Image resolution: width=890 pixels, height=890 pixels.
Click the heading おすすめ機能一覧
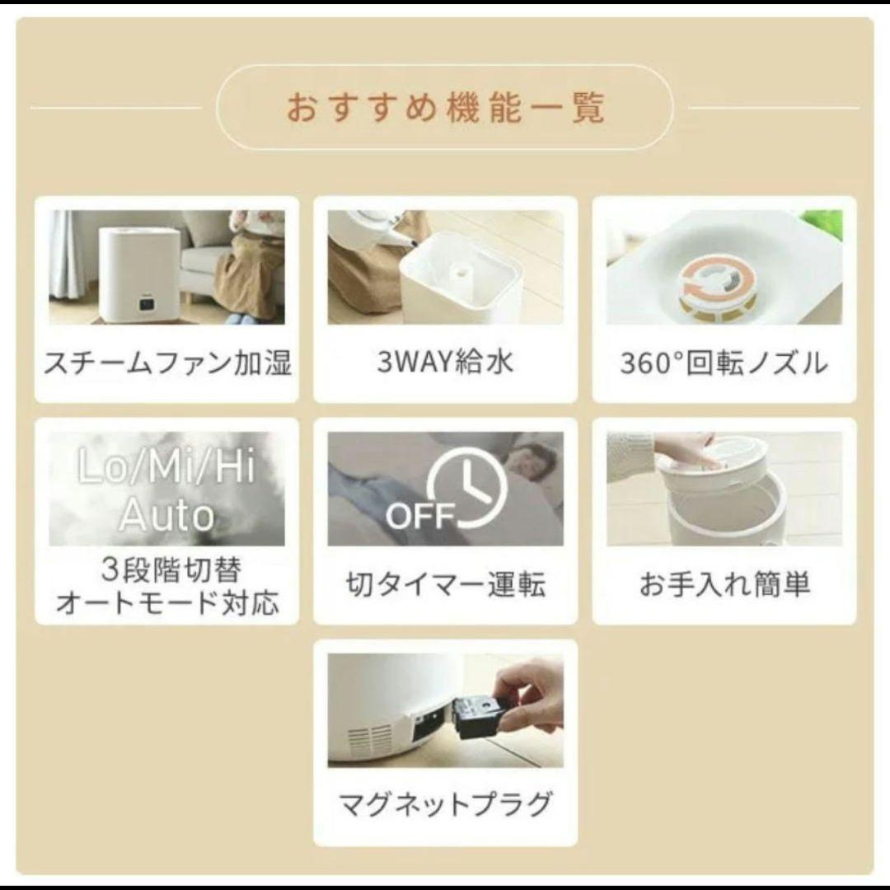(x=445, y=108)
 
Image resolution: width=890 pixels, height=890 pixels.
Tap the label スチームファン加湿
(x=166, y=363)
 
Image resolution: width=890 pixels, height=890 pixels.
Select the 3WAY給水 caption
(x=445, y=363)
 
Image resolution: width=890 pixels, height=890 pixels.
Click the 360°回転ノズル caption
(x=724, y=363)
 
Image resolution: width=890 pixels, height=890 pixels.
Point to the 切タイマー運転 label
(x=445, y=584)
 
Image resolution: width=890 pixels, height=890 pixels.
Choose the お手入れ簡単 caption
(x=724, y=584)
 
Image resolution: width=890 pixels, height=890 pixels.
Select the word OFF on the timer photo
(x=420, y=518)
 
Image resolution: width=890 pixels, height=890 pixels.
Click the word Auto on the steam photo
(x=166, y=515)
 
